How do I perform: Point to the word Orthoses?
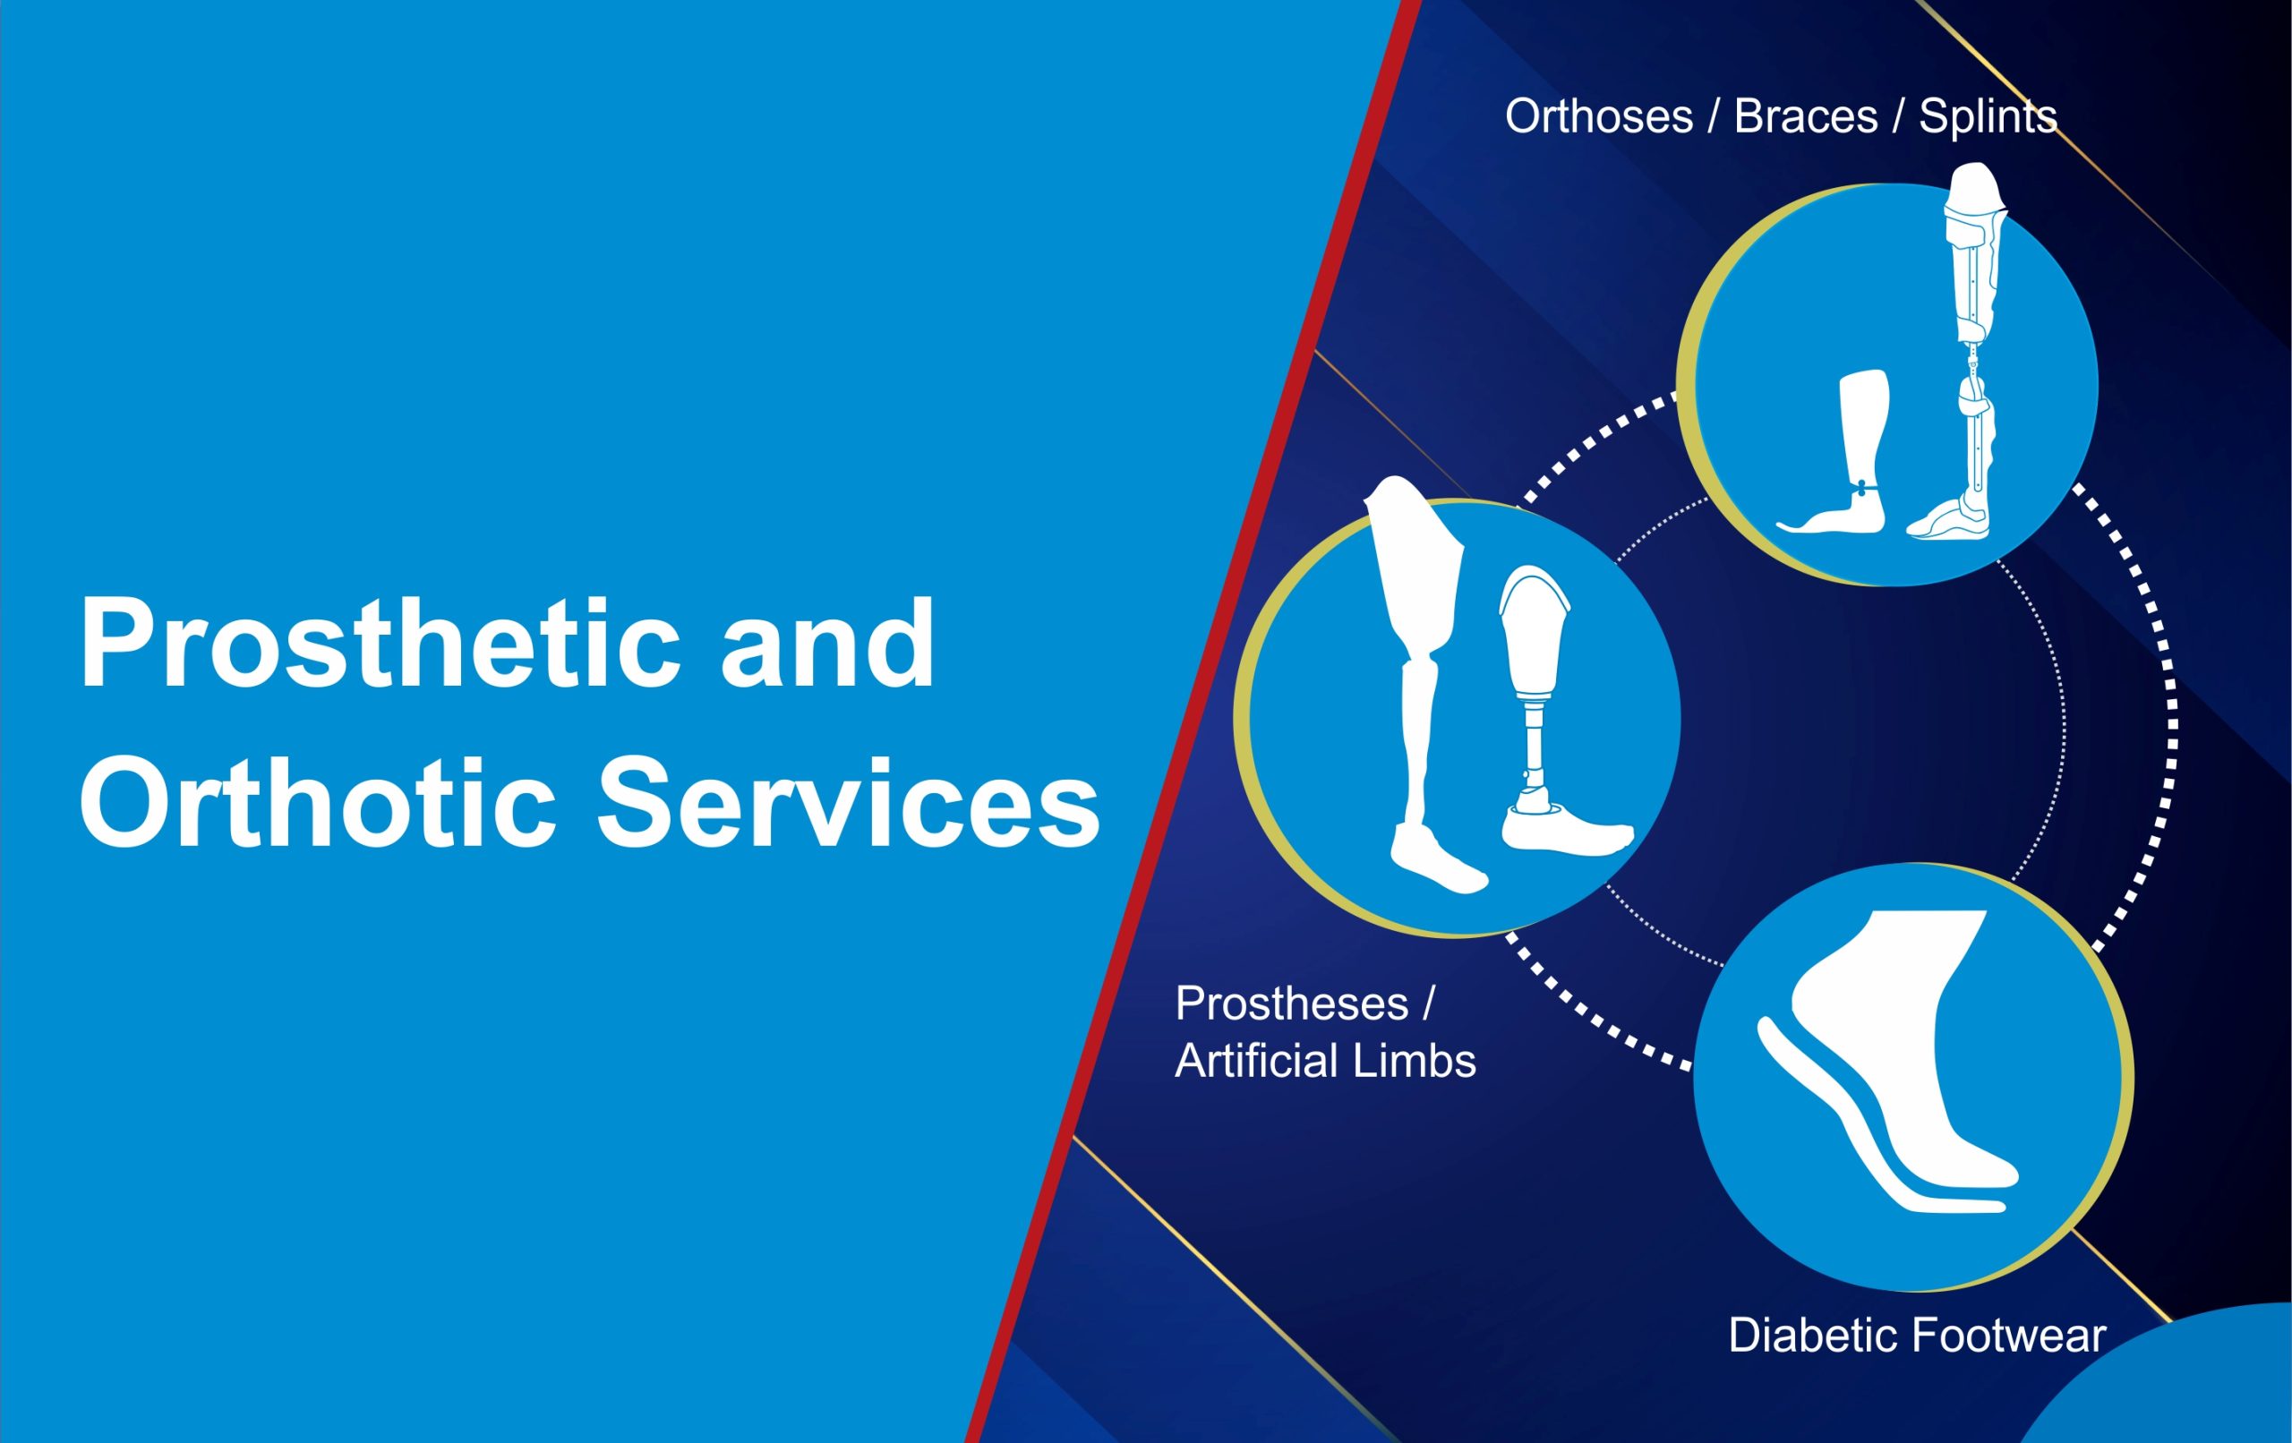click(1599, 117)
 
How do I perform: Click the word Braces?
click(1806, 117)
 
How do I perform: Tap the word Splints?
click(1988, 117)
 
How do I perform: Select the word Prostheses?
click(1292, 1003)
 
